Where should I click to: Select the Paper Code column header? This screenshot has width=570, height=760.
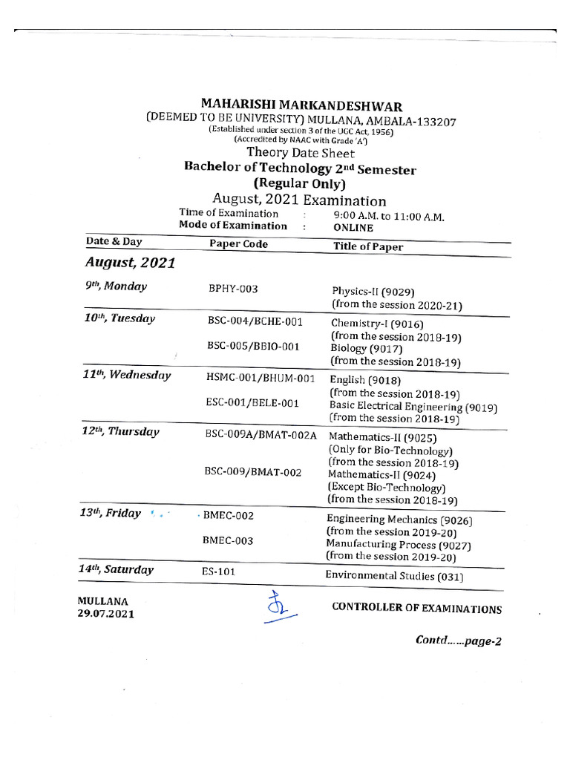[x=238, y=244]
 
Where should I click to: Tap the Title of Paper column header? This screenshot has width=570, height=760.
[x=368, y=246]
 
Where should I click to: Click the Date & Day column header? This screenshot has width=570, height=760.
[x=114, y=242]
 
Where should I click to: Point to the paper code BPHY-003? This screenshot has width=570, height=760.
[x=233, y=289]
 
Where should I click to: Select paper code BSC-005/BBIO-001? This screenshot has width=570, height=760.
[x=253, y=345]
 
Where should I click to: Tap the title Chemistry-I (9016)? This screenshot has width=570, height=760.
[x=373, y=324]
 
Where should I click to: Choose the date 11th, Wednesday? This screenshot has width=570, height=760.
[x=127, y=376]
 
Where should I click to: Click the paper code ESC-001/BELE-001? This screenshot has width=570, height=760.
[x=252, y=403]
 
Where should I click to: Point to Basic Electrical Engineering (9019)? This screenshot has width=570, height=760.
[x=413, y=407]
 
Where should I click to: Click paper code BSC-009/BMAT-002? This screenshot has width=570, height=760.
[x=253, y=472]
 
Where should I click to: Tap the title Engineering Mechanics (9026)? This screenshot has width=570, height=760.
[x=399, y=520]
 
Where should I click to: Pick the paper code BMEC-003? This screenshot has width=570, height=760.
[x=228, y=541]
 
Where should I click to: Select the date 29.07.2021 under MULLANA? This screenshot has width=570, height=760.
[x=106, y=614]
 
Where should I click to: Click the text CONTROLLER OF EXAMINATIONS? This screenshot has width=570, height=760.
[x=416, y=609]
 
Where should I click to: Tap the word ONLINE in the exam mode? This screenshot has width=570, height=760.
[x=353, y=229]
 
